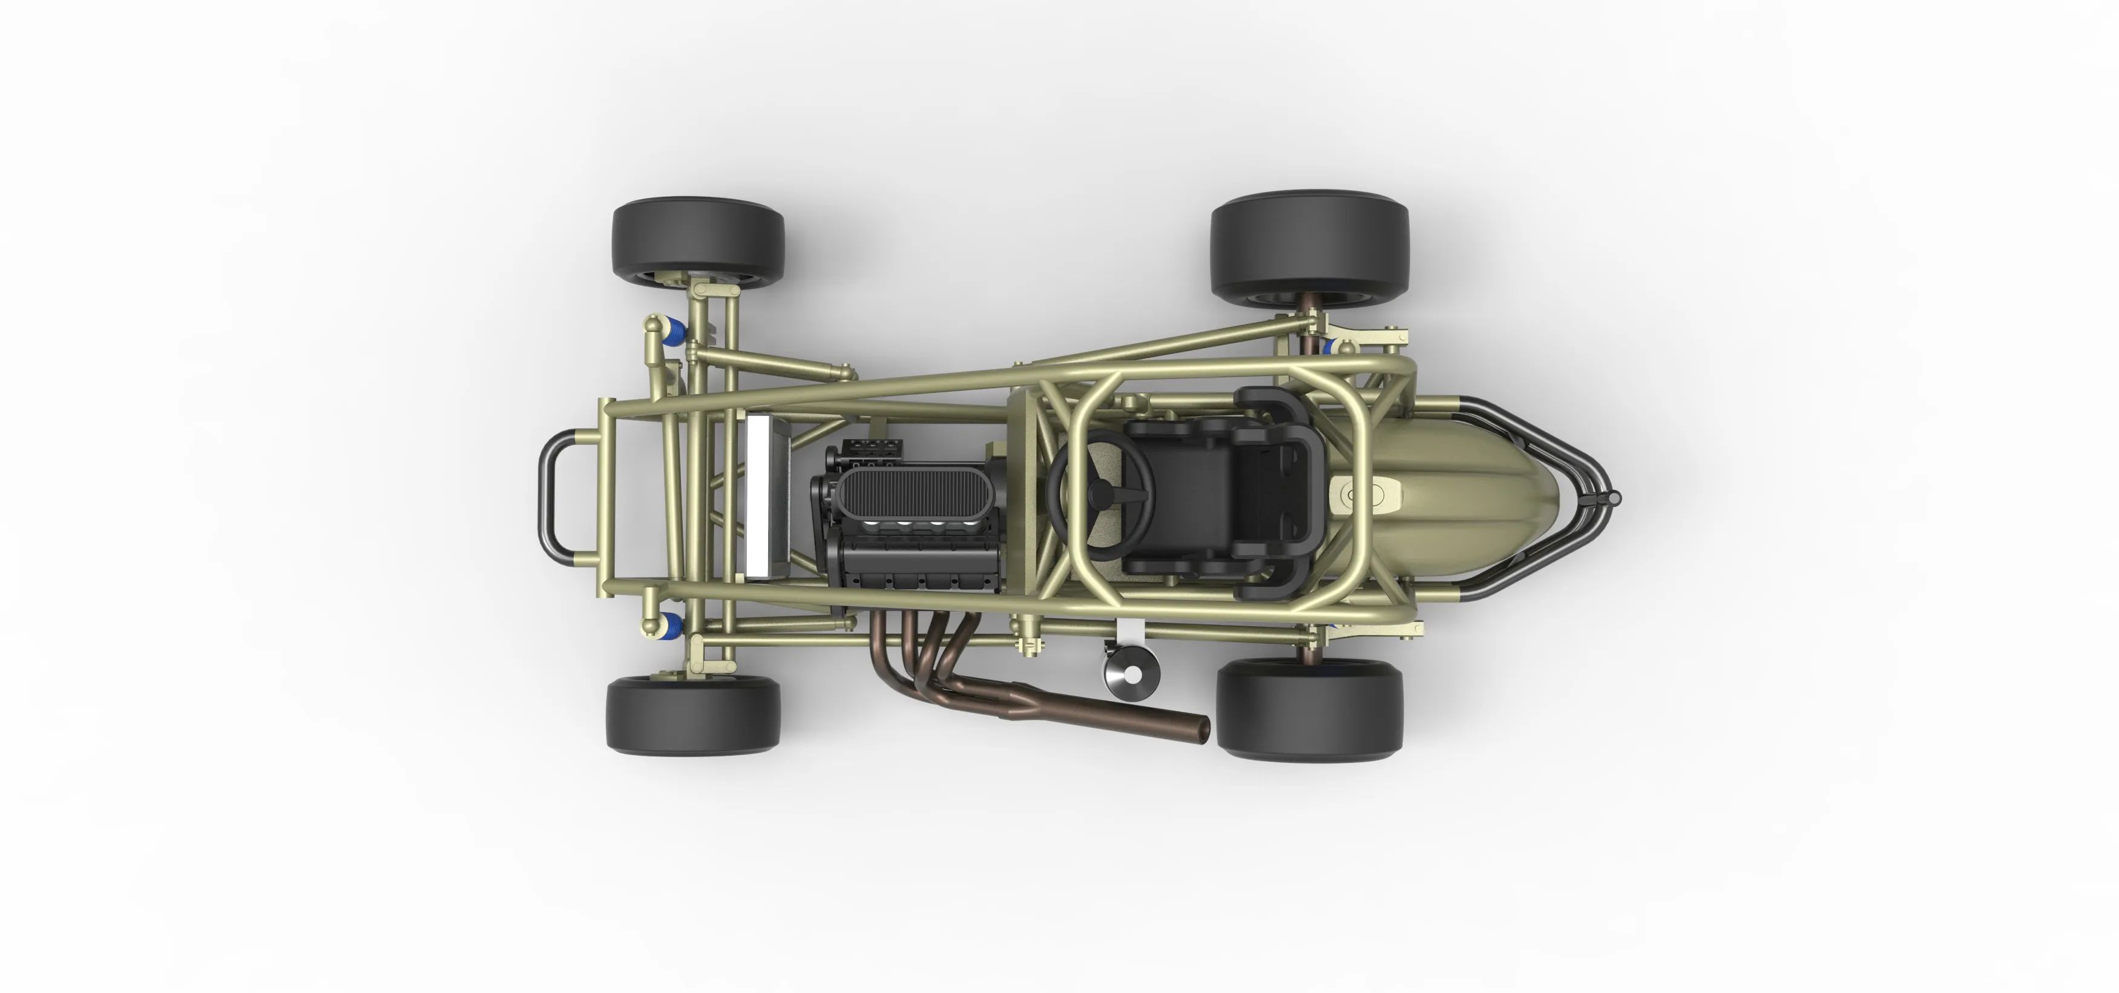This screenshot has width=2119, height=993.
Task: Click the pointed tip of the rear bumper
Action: coord(1612,498)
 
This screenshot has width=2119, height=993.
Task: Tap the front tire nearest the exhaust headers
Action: coord(692,714)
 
